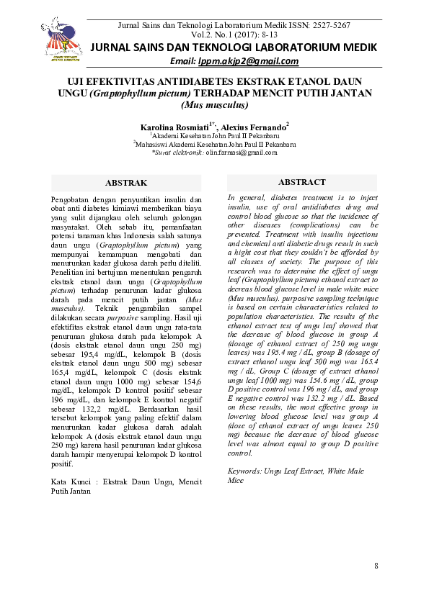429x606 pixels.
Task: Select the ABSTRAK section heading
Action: [126, 183]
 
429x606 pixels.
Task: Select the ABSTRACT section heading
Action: [301, 182]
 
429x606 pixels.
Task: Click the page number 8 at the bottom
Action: [376, 566]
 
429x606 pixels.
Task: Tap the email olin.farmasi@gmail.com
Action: [242, 153]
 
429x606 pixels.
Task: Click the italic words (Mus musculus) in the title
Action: [214, 105]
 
